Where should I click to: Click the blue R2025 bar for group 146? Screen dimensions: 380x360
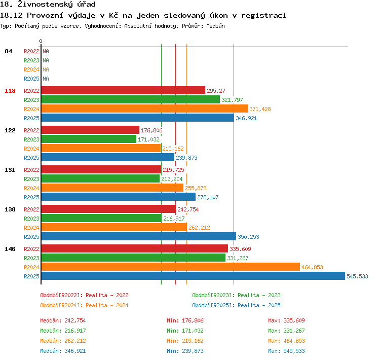click(x=193, y=276)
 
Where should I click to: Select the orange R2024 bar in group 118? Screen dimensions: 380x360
click(x=144, y=109)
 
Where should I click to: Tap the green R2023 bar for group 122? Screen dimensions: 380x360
click(x=89, y=139)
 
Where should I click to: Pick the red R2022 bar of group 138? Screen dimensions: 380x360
click(x=108, y=209)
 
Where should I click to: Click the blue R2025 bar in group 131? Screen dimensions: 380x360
click(x=119, y=197)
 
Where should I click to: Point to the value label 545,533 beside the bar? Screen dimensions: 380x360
click(x=357, y=276)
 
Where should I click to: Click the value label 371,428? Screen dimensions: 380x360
click(x=260, y=109)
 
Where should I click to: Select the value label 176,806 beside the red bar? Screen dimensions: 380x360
click(x=151, y=130)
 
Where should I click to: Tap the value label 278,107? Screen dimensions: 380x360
click(x=208, y=197)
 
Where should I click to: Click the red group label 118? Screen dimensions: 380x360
click(x=10, y=91)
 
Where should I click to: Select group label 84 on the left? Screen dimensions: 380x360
click(x=8, y=51)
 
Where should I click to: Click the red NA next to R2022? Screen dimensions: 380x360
click(x=46, y=51)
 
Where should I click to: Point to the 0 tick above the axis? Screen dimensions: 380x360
click(x=41, y=41)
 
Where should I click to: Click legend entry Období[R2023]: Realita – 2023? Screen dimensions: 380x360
click(x=236, y=295)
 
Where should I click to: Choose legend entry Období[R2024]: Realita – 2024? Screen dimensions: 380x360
click(x=84, y=305)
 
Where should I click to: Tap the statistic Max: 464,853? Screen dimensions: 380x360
click(x=286, y=341)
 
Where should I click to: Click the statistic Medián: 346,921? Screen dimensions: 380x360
click(x=63, y=351)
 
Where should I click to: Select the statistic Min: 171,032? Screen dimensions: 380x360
click(x=185, y=331)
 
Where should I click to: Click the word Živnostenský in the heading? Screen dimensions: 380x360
click(x=56, y=5)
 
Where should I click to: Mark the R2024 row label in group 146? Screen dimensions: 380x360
click(x=31, y=267)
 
